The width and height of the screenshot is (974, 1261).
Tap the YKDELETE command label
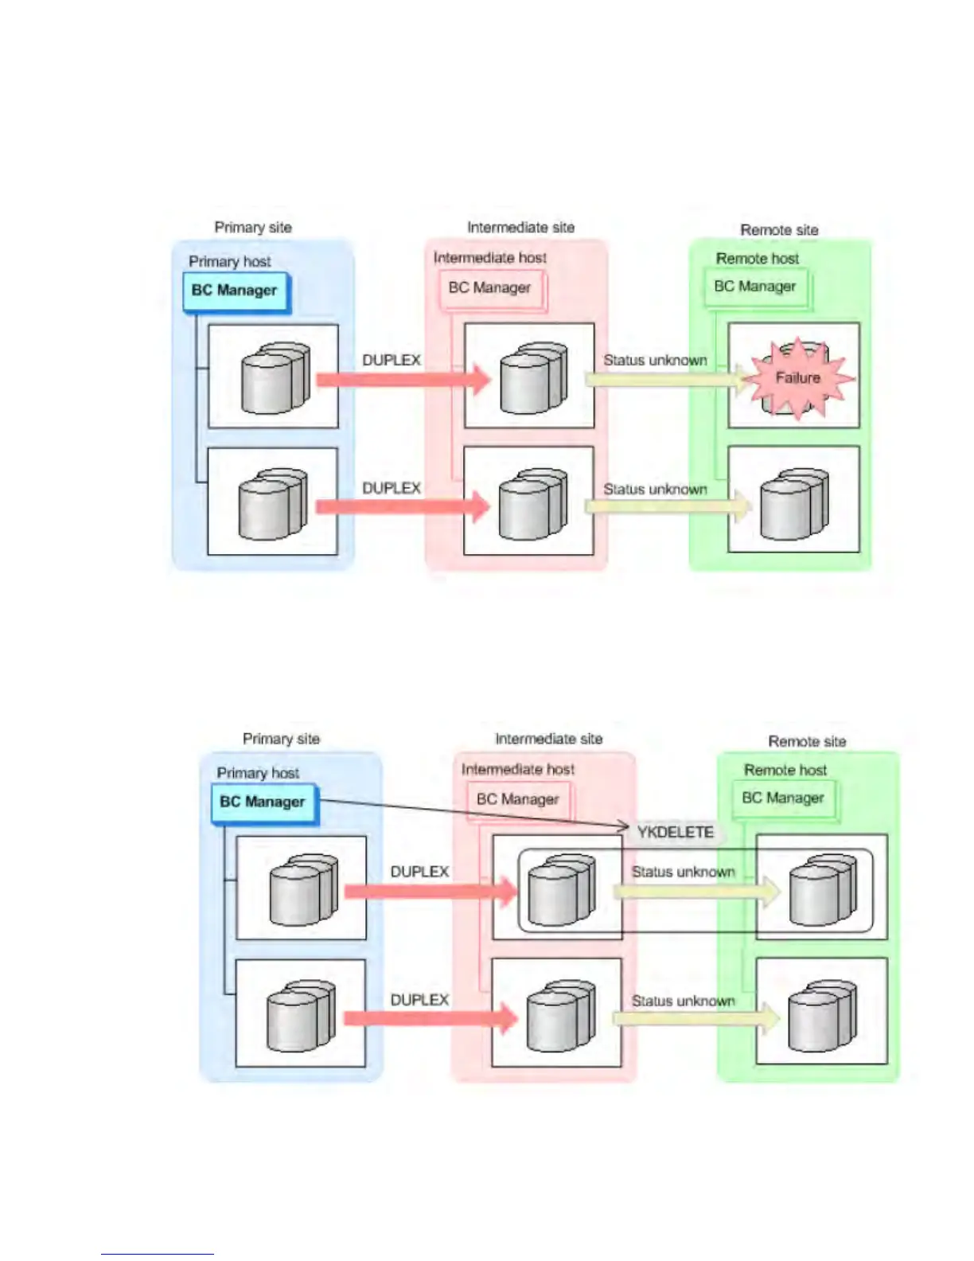coord(675,833)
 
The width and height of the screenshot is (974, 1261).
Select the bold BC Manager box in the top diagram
coord(235,291)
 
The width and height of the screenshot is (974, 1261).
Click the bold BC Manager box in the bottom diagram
coord(263,802)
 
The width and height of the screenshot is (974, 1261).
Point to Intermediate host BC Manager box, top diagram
coord(489,288)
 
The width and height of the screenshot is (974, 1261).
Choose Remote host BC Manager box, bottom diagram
coord(783,798)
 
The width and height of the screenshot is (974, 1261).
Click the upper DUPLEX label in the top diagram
coord(392,361)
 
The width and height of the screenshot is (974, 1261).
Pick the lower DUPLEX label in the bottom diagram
coord(419,1000)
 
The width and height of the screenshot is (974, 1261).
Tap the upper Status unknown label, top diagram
coord(655,361)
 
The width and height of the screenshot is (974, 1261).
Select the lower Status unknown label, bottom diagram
coord(683,1001)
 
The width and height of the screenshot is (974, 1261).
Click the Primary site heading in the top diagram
coord(253,228)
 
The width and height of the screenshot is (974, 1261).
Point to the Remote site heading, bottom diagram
coord(807,741)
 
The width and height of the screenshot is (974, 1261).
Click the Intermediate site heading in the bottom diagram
coord(549,740)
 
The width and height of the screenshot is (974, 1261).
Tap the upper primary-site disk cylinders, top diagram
coord(275,378)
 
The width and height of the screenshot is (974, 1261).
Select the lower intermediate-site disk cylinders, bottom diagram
coord(560,1016)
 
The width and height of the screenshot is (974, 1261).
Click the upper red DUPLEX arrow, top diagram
coord(403,380)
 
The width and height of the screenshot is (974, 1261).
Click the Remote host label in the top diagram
coord(757,259)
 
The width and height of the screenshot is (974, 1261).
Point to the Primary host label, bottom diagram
coord(258,773)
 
